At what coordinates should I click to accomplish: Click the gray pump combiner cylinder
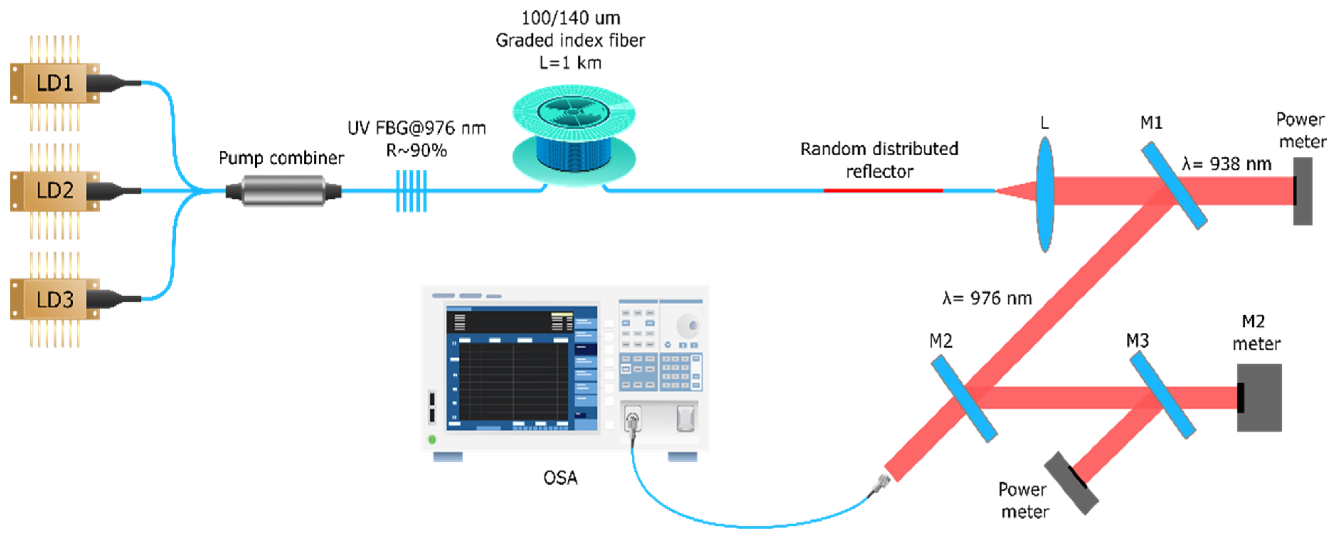click(283, 191)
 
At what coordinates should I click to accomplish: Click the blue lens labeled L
click(1045, 194)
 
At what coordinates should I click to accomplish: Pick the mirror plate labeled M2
click(964, 399)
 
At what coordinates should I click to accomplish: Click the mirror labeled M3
click(1162, 395)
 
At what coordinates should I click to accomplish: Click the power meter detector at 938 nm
click(1302, 191)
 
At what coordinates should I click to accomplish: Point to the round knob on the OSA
click(688, 326)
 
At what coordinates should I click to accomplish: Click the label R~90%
click(416, 150)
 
